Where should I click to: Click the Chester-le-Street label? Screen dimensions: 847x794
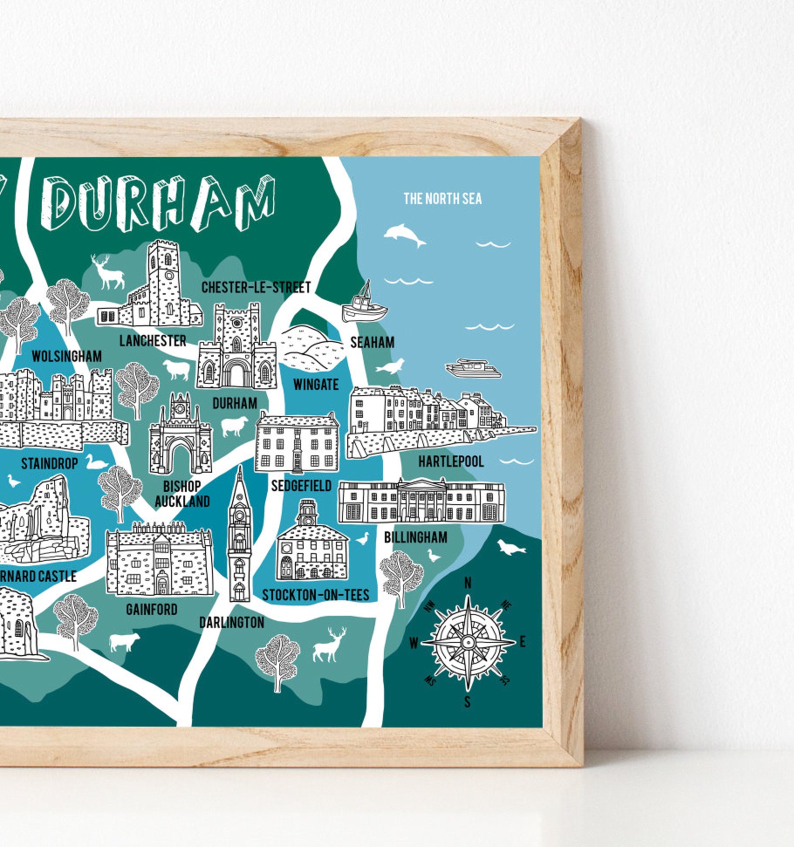tap(256, 287)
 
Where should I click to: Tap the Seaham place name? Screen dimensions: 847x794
tap(372, 342)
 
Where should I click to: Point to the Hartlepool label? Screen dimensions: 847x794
tap(450, 461)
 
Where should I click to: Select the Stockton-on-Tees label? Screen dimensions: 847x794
tap(315, 595)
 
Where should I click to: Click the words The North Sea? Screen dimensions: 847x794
tap(442, 198)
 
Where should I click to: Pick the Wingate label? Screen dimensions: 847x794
tap(315, 384)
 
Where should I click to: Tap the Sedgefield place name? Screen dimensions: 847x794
tap(301, 485)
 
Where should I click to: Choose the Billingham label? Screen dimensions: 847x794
tap(415, 537)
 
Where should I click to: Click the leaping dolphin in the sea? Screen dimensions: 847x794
tap(404, 235)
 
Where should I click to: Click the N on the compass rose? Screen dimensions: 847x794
tap(468, 583)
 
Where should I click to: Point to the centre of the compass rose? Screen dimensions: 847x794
tap(468, 641)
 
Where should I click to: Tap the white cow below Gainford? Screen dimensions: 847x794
tap(124, 641)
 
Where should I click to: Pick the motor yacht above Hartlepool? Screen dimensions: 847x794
tap(473, 368)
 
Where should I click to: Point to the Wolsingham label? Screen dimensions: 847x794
tap(66, 356)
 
